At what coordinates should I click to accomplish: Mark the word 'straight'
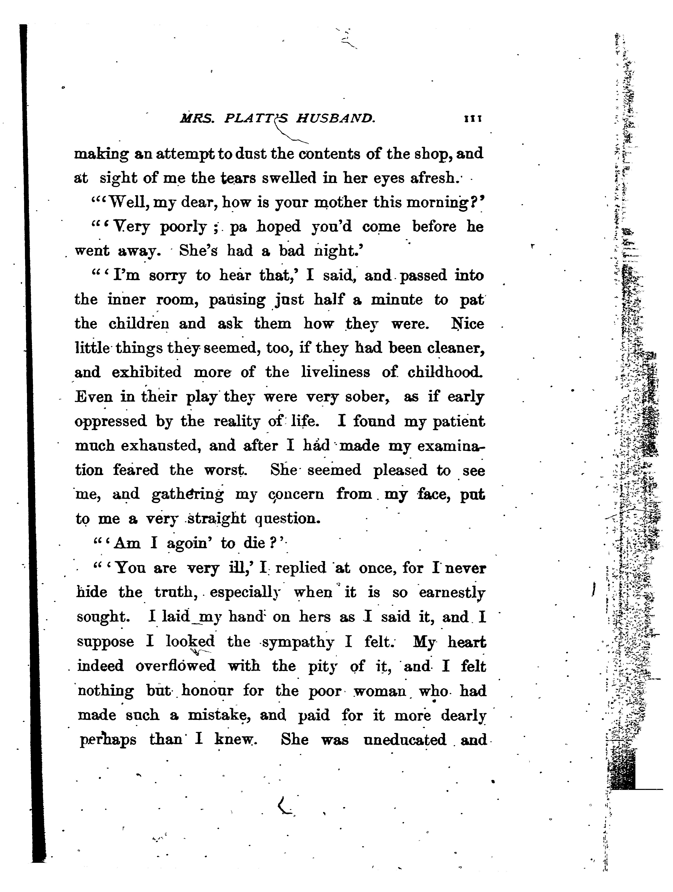coord(217,519)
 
